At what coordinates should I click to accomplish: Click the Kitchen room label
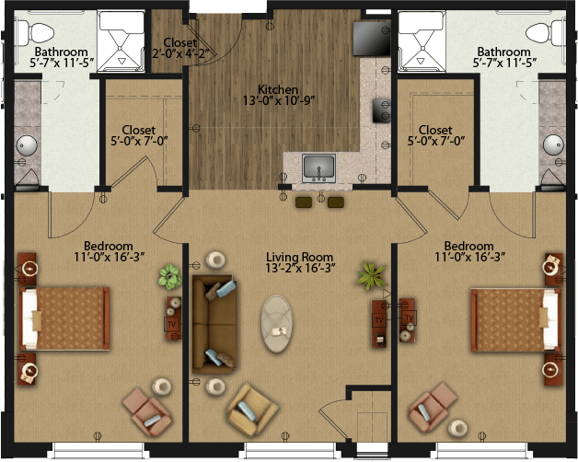(278, 89)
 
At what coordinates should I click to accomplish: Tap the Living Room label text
(300, 257)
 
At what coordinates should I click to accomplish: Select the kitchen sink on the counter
(318, 168)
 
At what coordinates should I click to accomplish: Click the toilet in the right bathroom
(545, 32)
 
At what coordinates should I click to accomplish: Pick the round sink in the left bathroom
(26, 145)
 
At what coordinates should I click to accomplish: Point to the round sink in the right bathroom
(553, 144)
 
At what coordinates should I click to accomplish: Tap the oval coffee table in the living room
(278, 323)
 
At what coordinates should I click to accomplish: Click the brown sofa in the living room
(214, 324)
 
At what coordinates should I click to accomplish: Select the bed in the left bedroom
(64, 318)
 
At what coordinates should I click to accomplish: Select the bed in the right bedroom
(516, 320)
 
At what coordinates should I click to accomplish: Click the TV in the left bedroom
(172, 324)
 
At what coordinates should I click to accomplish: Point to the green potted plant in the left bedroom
(170, 276)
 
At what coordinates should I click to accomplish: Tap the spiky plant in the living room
(372, 275)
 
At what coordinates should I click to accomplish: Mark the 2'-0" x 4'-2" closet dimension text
(180, 53)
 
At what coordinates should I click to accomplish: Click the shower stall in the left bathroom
(121, 41)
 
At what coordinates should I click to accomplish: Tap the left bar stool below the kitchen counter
(304, 202)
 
